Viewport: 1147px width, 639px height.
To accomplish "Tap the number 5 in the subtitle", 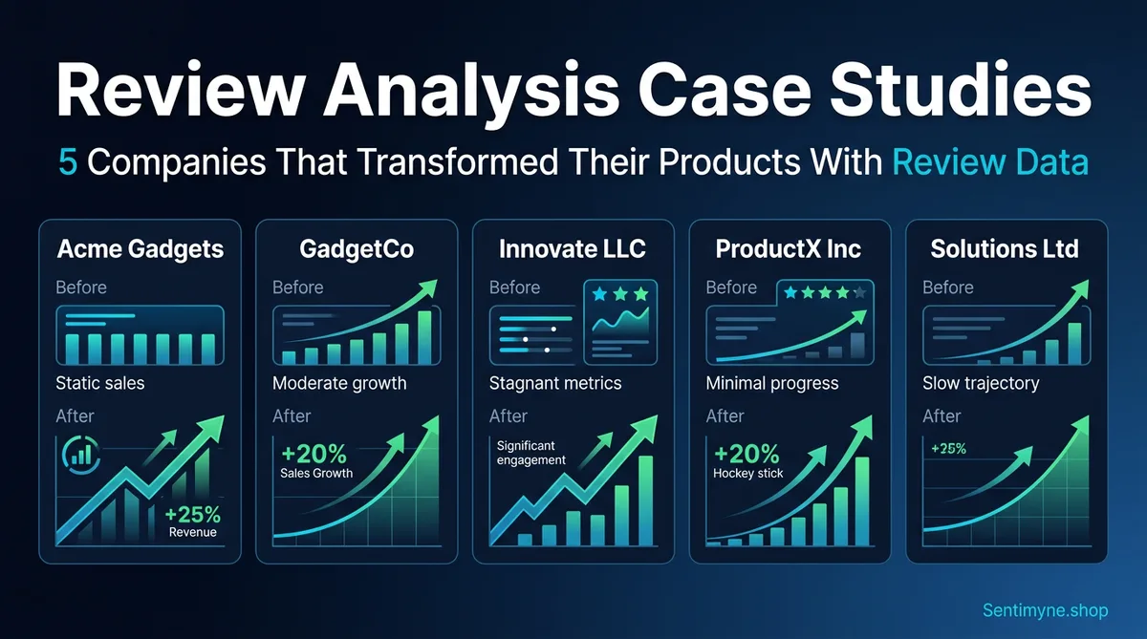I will click(68, 162).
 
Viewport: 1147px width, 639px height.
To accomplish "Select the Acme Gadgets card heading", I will click(140, 249).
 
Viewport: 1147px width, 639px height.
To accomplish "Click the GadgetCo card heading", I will click(357, 249).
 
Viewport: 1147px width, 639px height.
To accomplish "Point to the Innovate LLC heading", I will click(573, 249).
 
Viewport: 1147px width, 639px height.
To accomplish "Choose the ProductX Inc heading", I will click(789, 249).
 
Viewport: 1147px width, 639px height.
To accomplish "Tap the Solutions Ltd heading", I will click(1005, 249).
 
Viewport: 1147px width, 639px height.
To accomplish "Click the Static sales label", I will click(99, 383).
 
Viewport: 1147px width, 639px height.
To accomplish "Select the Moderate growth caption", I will click(339, 383).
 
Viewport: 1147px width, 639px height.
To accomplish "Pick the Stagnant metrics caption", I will click(555, 383).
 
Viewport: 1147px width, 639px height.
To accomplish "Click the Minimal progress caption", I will click(771, 383).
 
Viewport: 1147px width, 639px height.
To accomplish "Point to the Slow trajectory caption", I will click(981, 383).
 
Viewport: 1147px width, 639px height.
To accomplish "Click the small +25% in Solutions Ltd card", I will click(948, 449).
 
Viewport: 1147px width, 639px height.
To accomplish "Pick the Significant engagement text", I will click(531, 453).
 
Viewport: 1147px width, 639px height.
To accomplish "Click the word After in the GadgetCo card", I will click(292, 415).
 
